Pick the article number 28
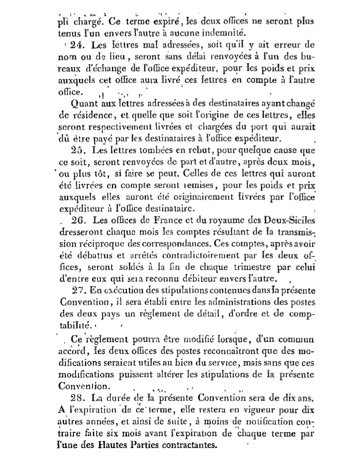tap(79, 398)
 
